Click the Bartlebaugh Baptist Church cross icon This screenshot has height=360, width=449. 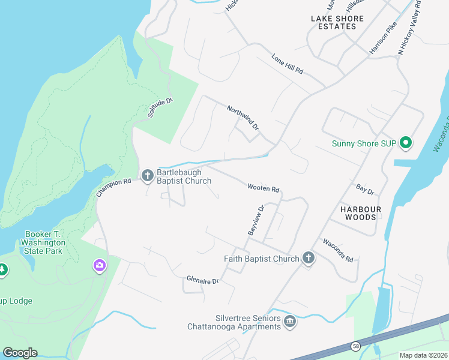click(x=148, y=175)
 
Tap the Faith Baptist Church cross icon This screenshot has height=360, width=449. click(x=308, y=258)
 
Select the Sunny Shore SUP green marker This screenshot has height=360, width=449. click(x=406, y=143)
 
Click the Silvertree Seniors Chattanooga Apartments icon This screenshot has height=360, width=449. click(x=290, y=322)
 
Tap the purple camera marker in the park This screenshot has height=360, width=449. click(x=99, y=265)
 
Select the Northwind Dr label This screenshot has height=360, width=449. click(x=243, y=118)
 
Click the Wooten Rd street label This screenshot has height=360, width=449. click(x=264, y=188)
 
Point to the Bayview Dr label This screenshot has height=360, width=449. click(x=256, y=220)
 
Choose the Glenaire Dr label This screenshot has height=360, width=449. click(x=202, y=280)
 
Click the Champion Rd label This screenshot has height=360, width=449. click(x=113, y=188)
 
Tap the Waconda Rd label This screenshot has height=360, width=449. click(x=338, y=250)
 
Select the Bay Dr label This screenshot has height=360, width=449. click(x=365, y=190)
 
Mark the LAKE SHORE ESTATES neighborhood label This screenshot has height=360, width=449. click(x=337, y=22)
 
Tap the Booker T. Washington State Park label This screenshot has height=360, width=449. click(x=45, y=242)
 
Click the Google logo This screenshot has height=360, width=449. click(x=20, y=353)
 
